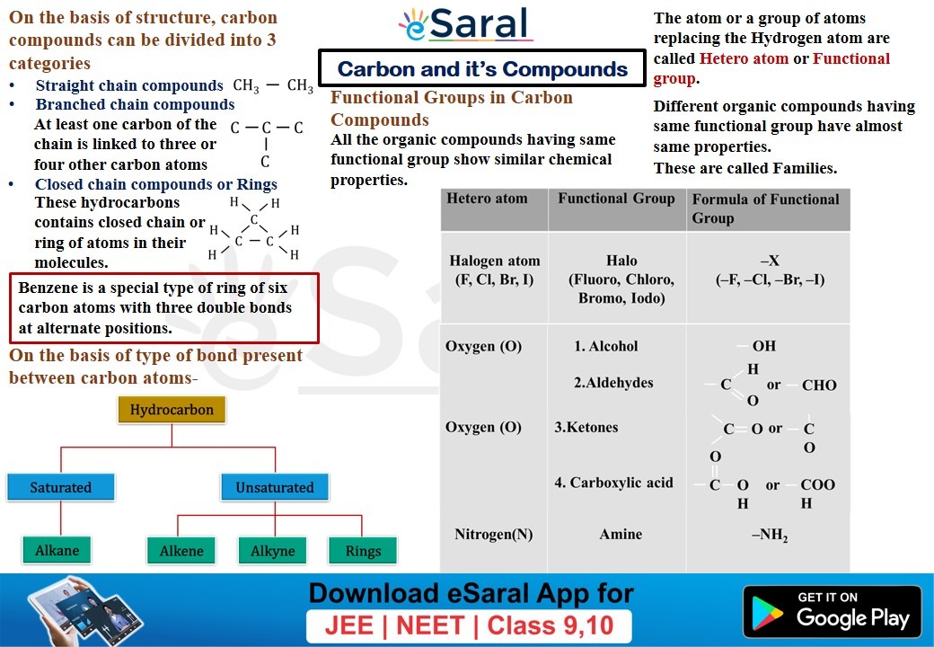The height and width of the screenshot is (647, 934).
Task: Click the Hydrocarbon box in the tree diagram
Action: click(x=172, y=411)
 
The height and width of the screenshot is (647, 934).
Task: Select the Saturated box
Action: click(x=61, y=487)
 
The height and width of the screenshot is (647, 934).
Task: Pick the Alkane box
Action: click(x=57, y=550)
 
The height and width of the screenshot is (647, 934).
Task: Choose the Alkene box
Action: click(x=181, y=551)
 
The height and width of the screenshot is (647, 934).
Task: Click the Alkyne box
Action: click(x=273, y=551)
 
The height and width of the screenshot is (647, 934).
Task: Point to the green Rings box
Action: click(x=363, y=551)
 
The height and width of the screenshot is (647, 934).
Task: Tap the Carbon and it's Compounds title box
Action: click(x=482, y=69)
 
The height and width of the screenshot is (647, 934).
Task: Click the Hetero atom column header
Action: click(x=488, y=199)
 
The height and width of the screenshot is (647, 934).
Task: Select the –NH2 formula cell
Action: click(x=770, y=536)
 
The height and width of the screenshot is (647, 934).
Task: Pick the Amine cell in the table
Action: click(x=621, y=535)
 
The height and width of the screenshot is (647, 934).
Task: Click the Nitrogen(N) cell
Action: click(x=493, y=535)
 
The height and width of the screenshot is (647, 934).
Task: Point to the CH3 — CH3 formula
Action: click(x=273, y=87)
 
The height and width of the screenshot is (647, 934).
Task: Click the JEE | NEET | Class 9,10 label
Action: click(x=468, y=625)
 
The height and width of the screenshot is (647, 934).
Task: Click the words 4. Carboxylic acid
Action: click(x=613, y=483)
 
